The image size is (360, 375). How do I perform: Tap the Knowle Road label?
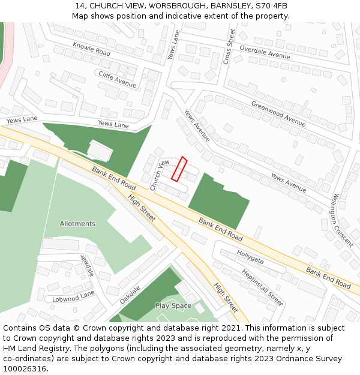pos(91,49)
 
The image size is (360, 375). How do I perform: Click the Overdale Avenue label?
pos(265,52)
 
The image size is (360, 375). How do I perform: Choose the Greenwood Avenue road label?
pos(278,113)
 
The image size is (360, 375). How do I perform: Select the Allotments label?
pos(77,224)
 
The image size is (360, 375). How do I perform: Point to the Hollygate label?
pos(250,257)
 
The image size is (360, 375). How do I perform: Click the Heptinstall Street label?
pos(262,287)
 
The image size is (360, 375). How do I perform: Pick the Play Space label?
pos(173,306)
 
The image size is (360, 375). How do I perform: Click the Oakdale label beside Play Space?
pos(130,294)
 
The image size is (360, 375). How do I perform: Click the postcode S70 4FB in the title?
pos(272,6)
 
